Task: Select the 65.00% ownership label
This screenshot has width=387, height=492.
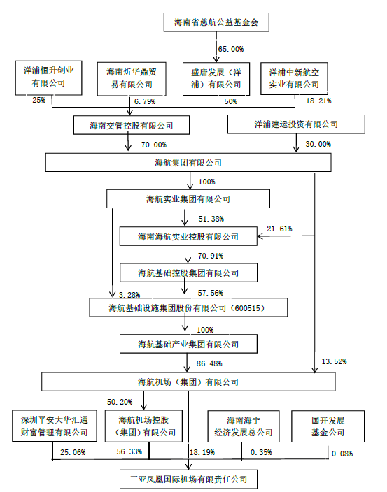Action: click(231, 49)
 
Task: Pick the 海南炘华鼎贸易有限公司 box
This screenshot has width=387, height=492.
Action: click(129, 78)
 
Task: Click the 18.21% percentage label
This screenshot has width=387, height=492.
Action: click(318, 101)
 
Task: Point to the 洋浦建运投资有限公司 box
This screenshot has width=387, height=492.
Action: click(296, 124)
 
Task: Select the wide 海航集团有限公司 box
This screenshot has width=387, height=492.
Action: click(188, 163)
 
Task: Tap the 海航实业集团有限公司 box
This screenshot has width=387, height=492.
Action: click(188, 199)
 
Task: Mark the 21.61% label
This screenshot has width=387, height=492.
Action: click(280, 229)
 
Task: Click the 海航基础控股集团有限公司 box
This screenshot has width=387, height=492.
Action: click(188, 272)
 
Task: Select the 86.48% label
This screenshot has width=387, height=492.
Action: click(211, 363)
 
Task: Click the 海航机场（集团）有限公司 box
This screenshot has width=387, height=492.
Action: click(188, 382)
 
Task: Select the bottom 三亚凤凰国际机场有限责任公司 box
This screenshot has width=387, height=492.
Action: click(188, 479)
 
